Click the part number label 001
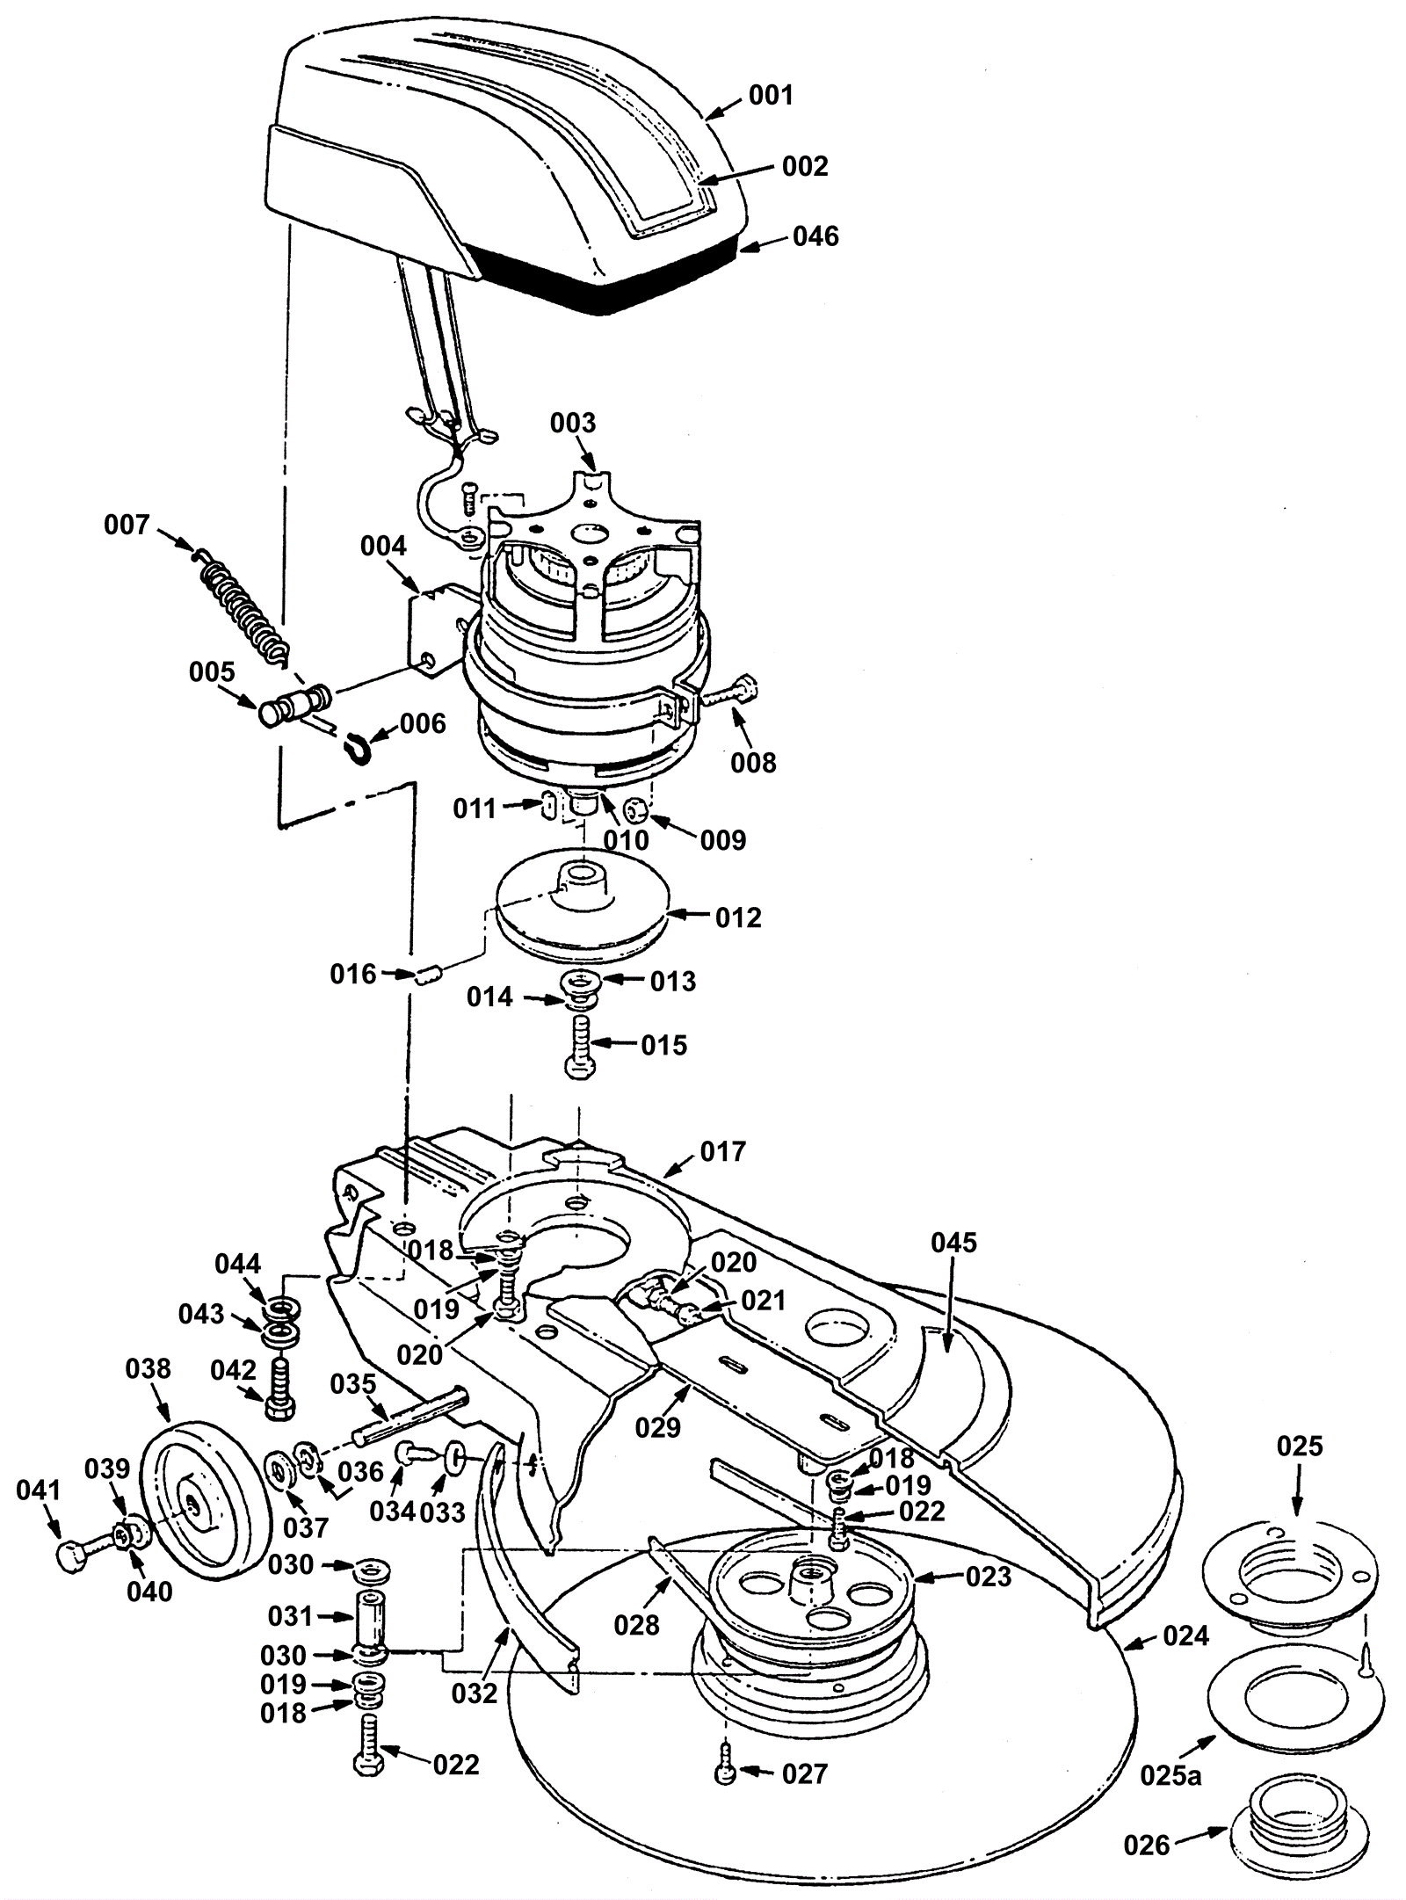tap(771, 95)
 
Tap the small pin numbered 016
tap(431, 973)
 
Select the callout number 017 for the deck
tap(722, 1150)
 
